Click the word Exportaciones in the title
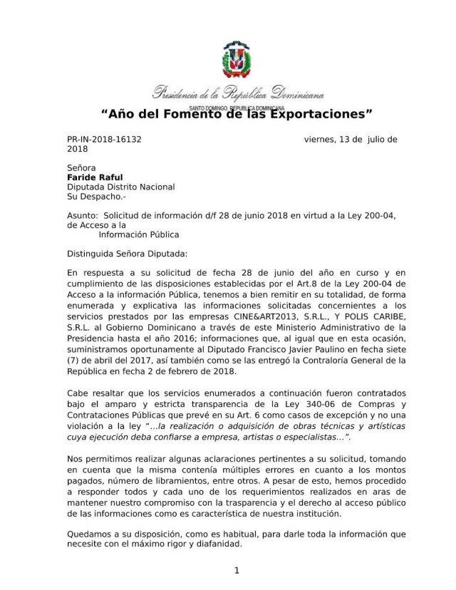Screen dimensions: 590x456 [321, 113]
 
